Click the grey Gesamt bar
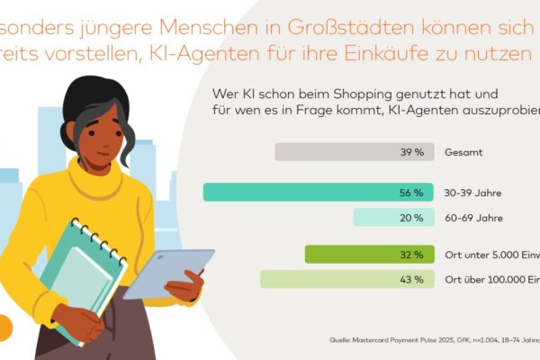pos(352,152)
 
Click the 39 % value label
pos(412,152)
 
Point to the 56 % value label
pos(412,193)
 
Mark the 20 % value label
pos(412,217)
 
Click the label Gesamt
pos(464,152)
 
